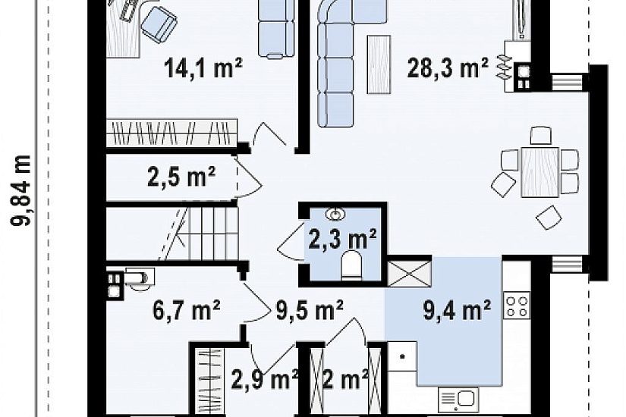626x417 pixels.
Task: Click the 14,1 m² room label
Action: coord(203,67)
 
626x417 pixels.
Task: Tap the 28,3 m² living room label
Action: coord(448,67)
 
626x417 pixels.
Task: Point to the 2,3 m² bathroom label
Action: coord(342,239)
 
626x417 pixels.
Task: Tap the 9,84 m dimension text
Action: coord(20,190)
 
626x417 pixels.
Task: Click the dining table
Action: coord(539,172)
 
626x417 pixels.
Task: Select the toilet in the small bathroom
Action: coord(352,264)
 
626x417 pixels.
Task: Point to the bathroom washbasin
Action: coord(335,215)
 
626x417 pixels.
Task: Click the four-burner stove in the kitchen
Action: coord(517,306)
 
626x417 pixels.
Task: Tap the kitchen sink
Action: coord(458,400)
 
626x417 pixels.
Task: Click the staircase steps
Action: coord(200,233)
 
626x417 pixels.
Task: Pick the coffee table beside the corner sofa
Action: coord(379,64)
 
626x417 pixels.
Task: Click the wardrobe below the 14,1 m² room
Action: coord(171,133)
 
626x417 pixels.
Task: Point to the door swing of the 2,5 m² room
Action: coord(248,177)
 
